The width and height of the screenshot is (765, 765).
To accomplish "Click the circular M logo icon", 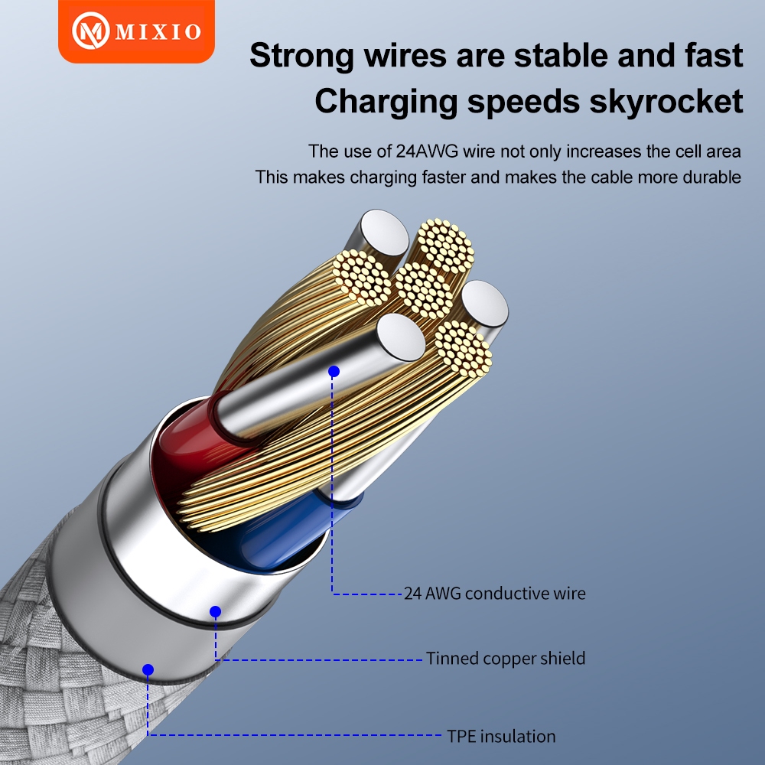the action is coord(90,31).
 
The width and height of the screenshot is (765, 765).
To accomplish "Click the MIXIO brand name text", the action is coord(158,31).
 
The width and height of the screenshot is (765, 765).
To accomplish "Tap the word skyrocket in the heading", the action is coord(666,101).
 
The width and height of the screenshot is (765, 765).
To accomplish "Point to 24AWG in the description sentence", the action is coord(427,151).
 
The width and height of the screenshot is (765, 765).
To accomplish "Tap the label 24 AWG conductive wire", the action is coord(495,594).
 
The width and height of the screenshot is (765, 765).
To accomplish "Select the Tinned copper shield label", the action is coord(506,658).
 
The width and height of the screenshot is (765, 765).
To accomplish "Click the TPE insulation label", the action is coord(501,736).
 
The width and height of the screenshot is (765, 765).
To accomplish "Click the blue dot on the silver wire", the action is coord(334,372).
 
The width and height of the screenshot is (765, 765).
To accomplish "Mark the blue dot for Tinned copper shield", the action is coord(215,611).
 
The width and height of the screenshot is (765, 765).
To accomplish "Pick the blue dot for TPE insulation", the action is coord(148,670).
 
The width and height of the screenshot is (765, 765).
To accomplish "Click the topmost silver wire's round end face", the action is coord(385,233).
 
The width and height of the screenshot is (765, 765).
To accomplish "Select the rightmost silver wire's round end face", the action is coord(484,304).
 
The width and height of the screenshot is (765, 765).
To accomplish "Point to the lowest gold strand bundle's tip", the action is coord(463,349).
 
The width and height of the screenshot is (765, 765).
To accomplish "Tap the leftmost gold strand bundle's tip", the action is coord(362,278).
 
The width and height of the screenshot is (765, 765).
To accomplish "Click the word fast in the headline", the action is coord(714,55).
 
